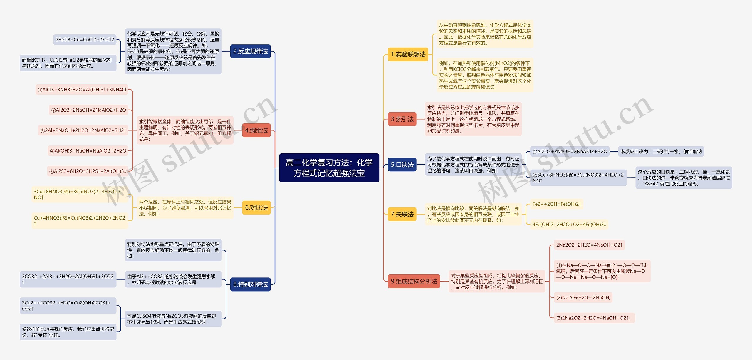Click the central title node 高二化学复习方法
[329, 168]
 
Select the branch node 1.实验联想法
[408, 54]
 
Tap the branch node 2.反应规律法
[250, 51]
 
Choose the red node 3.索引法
[402, 119]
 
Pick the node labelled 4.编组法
[256, 130]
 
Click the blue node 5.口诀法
[402, 165]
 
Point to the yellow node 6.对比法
[256, 208]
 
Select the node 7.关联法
[402, 214]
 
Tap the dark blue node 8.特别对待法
[250, 284]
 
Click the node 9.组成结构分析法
[414, 281]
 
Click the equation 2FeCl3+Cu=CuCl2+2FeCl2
[85, 40]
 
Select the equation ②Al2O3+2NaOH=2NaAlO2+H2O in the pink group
[88, 110]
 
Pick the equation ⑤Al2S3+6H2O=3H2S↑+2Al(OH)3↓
[88, 171]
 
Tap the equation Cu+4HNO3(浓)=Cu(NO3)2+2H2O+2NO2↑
[80, 221]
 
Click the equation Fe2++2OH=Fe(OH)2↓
[557, 204]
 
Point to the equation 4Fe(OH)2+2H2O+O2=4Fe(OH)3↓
[569, 225]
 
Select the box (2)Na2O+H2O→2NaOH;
[583, 297]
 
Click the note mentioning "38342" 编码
[684, 178]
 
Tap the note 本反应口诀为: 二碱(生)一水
[661, 152]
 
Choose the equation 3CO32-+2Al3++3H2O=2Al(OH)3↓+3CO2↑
[68, 279]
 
